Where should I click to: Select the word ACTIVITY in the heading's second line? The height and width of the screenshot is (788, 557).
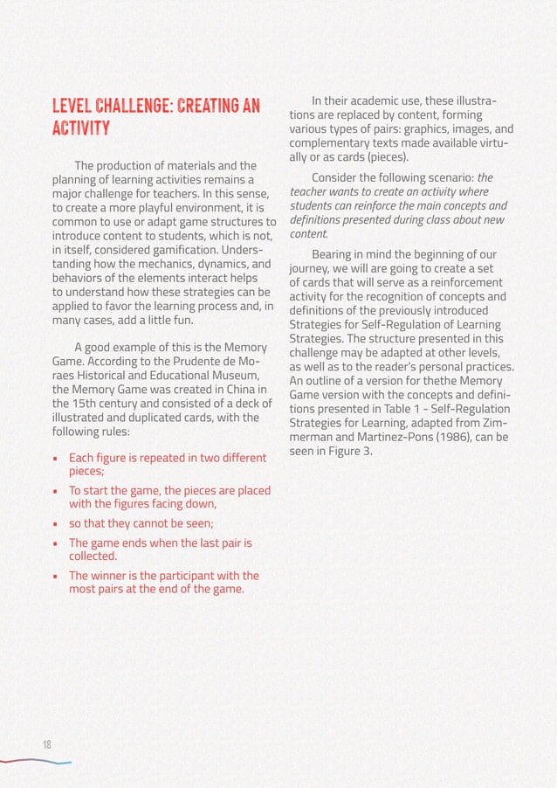tap(80, 130)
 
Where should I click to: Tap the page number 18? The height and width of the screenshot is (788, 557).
tap(47, 744)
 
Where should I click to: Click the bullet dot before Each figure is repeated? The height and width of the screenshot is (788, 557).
tap(56, 458)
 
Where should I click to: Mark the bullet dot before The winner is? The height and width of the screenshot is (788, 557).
tap(56, 576)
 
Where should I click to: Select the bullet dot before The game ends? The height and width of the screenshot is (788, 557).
tap(56, 543)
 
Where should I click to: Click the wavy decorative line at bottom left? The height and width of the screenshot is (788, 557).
tap(35, 761)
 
